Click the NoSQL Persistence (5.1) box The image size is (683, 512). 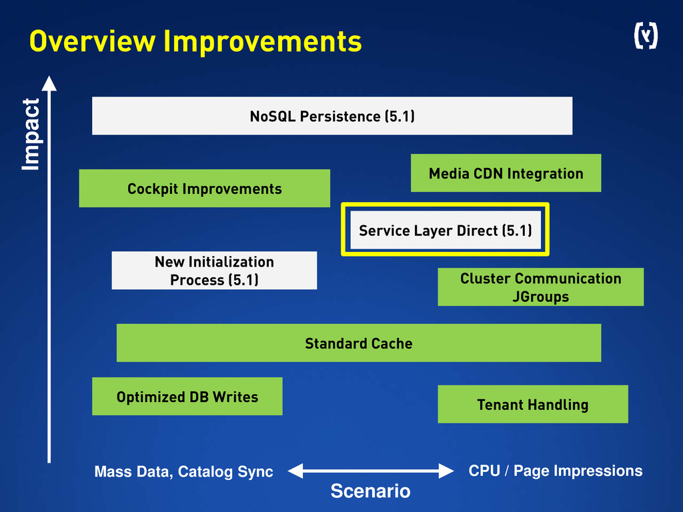pyautogui.click(x=332, y=116)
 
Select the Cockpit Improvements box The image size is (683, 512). pyautogui.click(x=204, y=189)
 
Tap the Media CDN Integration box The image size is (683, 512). pyautogui.click(x=506, y=173)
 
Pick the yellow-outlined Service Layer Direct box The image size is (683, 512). pyautogui.click(x=445, y=230)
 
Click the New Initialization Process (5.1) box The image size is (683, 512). pyautogui.click(x=214, y=271)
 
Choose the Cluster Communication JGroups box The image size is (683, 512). pyautogui.click(x=540, y=287)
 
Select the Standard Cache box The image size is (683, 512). pyautogui.click(x=358, y=343)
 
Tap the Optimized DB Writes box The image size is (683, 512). pyautogui.click(x=187, y=397)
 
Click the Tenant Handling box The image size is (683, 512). pyautogui.click(x=532, y=404)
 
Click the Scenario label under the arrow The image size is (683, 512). pyautogui.click(x=370, y=492)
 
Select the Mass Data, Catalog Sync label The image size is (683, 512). pyautogui.click(x=183, y=472)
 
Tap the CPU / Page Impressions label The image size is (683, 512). pyautogui.click(x=555, y=471)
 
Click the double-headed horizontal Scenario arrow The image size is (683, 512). pyautogui.click(x=370, y=471)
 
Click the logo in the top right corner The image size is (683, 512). pyautogui.click(x=645, y=37)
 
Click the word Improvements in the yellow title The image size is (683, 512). pyautogui.click(x=262, y=41)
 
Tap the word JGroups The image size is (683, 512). pyautogui.click(x=540, y=296)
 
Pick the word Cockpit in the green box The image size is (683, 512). pyautogui.click(x=153, y=189)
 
